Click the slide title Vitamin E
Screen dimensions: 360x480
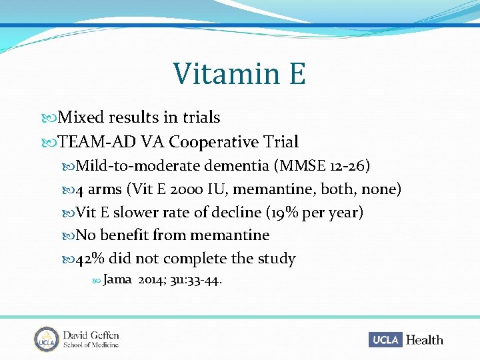[x=239, y=74]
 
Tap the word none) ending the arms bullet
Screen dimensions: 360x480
[x=381, y=189]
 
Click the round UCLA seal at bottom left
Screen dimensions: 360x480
[x=46, y=339]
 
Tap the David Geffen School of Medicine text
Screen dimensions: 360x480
[x=91, y=339]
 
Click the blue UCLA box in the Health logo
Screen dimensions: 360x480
[x=385, y=339]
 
